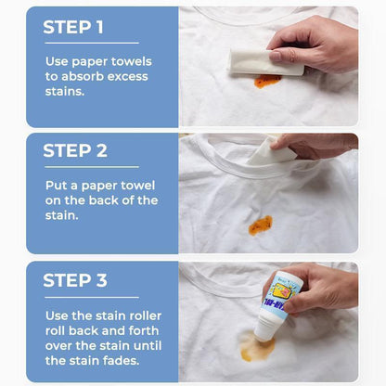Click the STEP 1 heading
(x=73, y=27)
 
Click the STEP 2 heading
(x=75, y=150)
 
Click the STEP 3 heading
(x=75, y=280)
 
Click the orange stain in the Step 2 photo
(x=260, y=225)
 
